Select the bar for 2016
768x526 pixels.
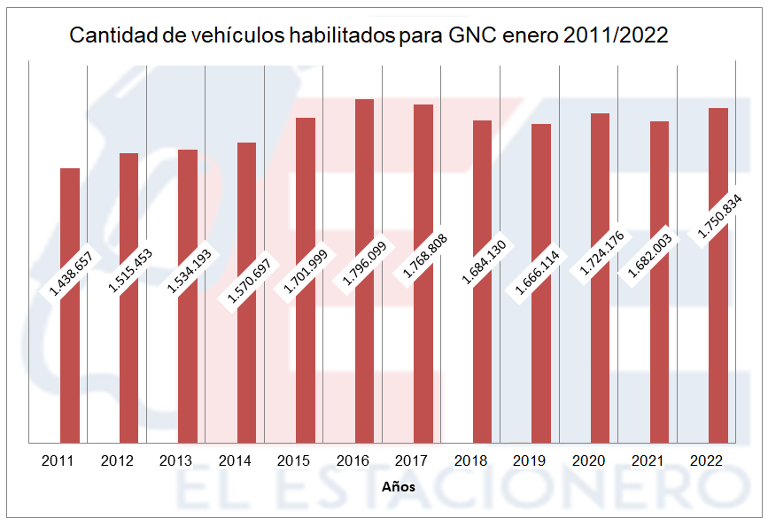pyautogui.click(x=364, y=354)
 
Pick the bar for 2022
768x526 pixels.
pyautogui.click(x=718, y=354)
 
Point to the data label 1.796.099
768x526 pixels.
pyautogui.click(x=364, y=262)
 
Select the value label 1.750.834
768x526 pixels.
pyautogui.click(x=718, y=215)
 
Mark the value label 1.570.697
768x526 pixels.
pyautogui.click(x=247, y=281)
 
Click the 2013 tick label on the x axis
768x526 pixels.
pyautogui.click(x=175, y=460)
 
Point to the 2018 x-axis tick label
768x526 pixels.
pyautogui.click(x=469, y=460)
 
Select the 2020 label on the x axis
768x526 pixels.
pyautogui.click(x=588, y=460)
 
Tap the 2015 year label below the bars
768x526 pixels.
pyautogui.click(x=293, y=460)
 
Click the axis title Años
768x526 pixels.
pyautogui.click(x=398, y=487)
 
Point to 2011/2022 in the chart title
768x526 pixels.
pyautogui.click(x=616, y=36)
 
